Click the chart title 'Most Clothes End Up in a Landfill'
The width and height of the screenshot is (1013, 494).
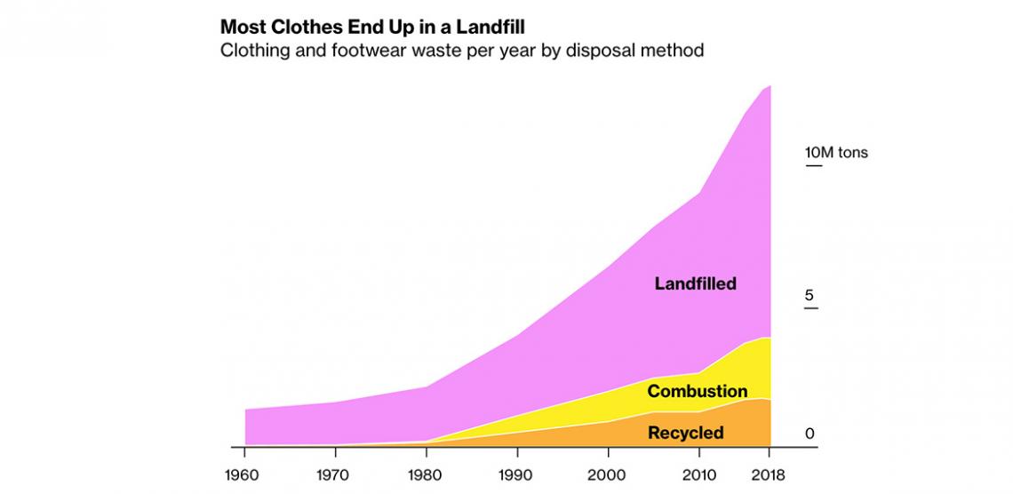point(372,25)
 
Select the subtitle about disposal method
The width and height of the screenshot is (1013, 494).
point(462,51)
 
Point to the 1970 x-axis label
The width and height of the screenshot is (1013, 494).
point(335,473)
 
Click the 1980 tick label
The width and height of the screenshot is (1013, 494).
point(427,473)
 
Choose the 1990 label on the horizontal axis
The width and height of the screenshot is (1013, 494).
point(517,473)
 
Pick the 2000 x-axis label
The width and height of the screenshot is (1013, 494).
point(608,473)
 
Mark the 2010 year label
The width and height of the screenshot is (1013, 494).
point(699,473)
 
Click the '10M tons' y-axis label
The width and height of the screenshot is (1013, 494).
point(836,153)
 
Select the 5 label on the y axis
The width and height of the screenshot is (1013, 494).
point(810,295)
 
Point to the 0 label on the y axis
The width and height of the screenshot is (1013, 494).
point(810,434)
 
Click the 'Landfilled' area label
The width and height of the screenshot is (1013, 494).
point(695,284)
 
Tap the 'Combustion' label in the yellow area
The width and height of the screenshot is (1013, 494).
point(697,391)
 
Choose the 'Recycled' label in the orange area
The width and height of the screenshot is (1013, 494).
point(685,434)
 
